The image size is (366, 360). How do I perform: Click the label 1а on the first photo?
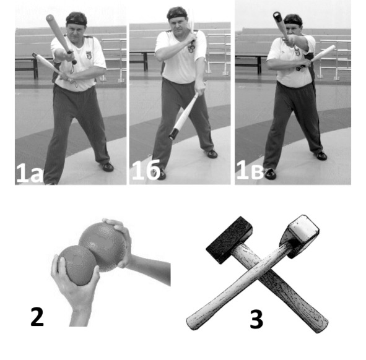pyautogui.click(x=30, y=173)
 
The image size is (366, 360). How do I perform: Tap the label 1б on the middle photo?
pyautogui.click(x=146, y=170)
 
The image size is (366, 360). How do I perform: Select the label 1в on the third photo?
pyautogui.click(x=250, y=170)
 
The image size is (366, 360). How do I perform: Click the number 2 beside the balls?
pyautogui.click(x=37, y=317)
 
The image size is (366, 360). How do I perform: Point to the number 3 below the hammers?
pyautogui.click(x=256, y=319)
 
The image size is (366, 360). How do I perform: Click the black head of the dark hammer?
pyautogui.click(x=229, y=239)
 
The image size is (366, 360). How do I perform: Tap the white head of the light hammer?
pyautogui.click(x=300, y=236)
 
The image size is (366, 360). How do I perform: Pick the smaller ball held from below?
pyautogui.click(x=77, y=265)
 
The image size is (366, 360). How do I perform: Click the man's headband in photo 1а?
pyautogui.click(x=77, y=23)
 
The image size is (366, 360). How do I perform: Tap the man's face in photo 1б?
pyautogui.click(x=177, y=24)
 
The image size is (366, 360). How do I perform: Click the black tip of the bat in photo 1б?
pyautogui.click(x=173, y=134)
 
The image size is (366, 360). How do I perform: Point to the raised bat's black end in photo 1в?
pyautogui.click(x=277, y=17)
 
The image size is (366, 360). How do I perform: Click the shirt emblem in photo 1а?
pyautogui.click(x=89, y=55)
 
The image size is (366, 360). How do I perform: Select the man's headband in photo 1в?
pyautogui.click(x=293, y=23)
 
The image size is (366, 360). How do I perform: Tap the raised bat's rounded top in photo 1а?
pyautogui.click(x=50, y=18)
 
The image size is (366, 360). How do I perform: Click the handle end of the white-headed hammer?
pyautogui.click(x=192, y=322)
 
